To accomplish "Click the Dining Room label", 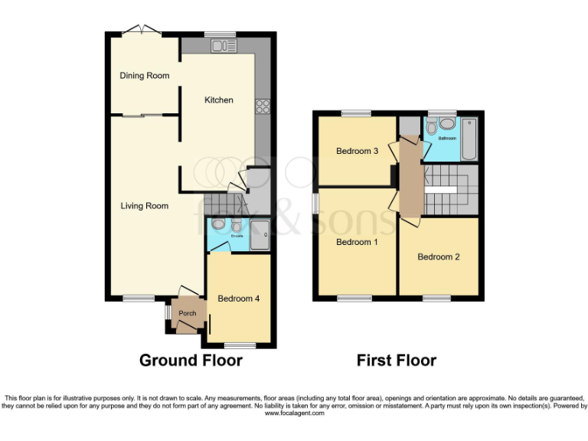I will pyautogui.click(x=145, y=76).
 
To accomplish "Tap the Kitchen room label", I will pyautogui.click(x=218, y=100).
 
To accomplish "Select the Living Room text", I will pyautogui.click(x=145, y=206).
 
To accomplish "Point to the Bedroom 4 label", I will pyautogui.click(x=239, y=299).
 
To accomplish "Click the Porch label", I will pyautogui.click(x=187, y=313).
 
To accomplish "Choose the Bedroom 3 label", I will pyautogui.click(x=358, y=151).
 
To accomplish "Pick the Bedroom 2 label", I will pyautogui.click(x=439, y=257).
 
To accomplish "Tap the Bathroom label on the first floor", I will pyautogui.click(x=446, y=139).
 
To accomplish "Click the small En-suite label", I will pyautogui.click(x=237, y=235).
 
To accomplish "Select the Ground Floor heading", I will pyautogui.click(x=191, y=360).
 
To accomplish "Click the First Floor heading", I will pyautogui.click(x=397, y=360).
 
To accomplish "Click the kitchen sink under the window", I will pyautogui.click(x=224, y=47).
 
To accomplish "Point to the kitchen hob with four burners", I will pyautogui.click(x=263, y=106).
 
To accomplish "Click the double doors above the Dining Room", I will pyautogui.click(x=141, y=31).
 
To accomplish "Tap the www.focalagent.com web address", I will pyautogui.click(x=294, y=413).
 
